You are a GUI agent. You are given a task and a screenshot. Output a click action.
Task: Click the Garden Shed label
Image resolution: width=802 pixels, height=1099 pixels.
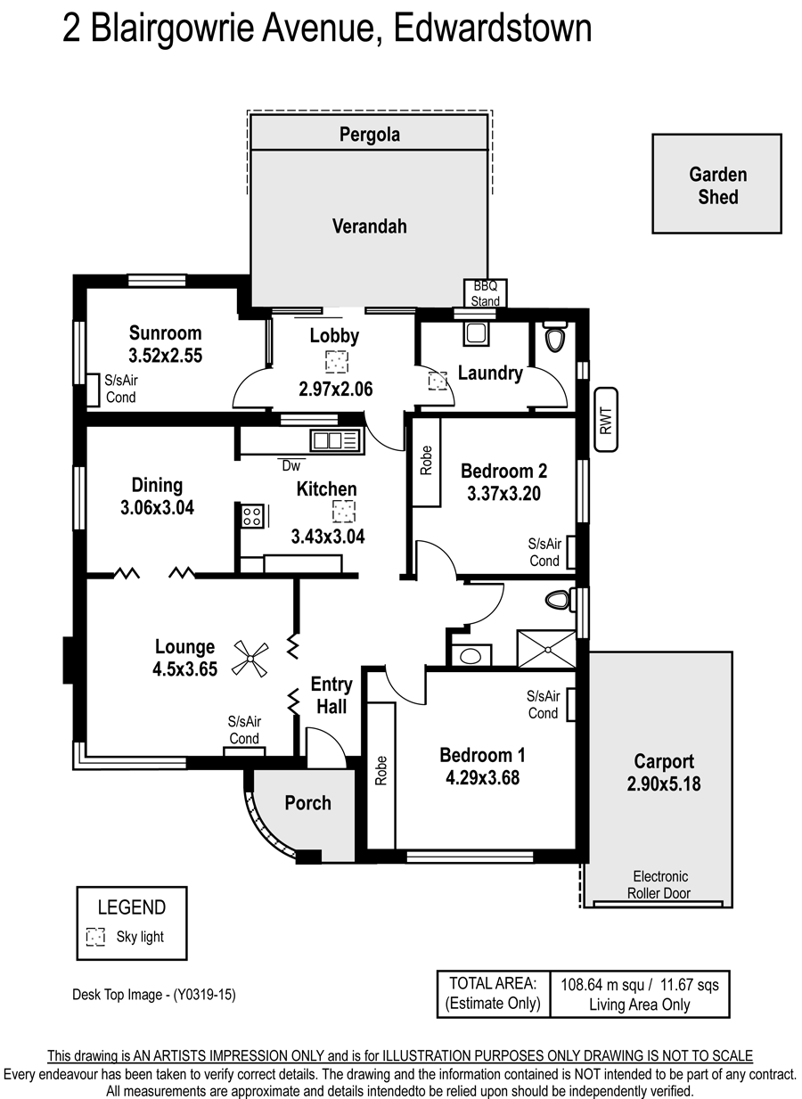(717, 185)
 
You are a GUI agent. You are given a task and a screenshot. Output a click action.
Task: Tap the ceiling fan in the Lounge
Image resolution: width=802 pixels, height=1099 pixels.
(250, 659)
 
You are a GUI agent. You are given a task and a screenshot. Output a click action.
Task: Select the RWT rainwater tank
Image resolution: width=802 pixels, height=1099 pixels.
(606, 420)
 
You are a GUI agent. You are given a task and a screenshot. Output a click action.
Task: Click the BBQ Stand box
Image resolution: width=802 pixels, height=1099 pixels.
(485, 293)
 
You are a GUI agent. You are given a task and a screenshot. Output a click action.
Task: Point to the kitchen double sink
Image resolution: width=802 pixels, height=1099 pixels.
(336, 440)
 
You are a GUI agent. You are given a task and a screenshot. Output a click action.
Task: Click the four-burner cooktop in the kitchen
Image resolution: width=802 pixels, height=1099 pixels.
(252, 516)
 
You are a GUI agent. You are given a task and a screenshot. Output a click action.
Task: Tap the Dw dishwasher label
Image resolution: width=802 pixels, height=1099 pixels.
(291, 465)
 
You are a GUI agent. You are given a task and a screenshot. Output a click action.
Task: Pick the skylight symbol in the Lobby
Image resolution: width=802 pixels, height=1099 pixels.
(337, 362)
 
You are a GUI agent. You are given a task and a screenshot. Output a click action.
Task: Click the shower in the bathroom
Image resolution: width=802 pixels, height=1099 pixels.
(546, 649)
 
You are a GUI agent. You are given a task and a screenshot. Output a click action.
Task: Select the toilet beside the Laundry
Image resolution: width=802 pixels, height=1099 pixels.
(555, 337)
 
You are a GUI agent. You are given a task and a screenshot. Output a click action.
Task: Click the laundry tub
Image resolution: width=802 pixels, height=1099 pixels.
(476, 333)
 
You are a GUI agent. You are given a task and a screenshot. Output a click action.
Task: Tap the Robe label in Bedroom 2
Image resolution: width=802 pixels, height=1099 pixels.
(426, 460)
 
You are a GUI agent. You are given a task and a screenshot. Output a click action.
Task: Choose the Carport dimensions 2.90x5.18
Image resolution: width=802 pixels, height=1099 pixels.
(664, 783)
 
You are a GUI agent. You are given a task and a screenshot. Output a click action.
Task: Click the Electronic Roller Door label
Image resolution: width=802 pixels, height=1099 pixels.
(659, 884)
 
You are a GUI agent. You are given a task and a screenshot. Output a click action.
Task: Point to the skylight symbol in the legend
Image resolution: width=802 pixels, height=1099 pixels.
(95, 937)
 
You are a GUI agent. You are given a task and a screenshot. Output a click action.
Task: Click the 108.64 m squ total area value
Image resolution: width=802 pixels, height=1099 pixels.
(603, 985)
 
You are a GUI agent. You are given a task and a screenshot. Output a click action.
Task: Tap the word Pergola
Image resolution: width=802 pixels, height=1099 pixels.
(369, 135)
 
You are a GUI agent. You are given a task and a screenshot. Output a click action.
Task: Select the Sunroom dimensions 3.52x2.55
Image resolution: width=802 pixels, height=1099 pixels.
(166, 356)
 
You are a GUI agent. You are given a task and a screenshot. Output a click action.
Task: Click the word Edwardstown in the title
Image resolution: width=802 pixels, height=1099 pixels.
(493, 28)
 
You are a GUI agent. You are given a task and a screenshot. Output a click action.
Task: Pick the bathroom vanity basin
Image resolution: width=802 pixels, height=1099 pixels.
(471, 655)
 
